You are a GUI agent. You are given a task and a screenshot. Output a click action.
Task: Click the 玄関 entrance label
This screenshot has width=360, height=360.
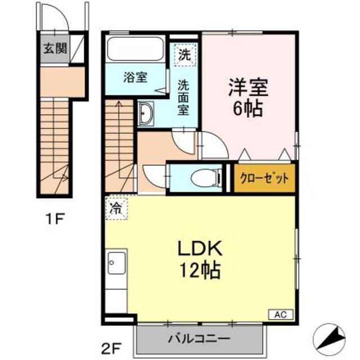pyautogui.click(x=53, y=48)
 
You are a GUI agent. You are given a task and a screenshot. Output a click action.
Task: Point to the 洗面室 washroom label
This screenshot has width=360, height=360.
pyautogui.click(x=184, y=97)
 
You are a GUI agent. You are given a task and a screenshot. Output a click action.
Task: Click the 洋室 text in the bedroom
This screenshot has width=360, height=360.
pyautogui.click(x=248, y=88)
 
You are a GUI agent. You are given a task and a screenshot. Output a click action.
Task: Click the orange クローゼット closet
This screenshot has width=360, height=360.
pyautogui.click(x=264, y=179)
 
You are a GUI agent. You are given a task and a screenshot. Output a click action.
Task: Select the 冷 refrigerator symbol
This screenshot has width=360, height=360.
pyautogui.click(x=115, y=208)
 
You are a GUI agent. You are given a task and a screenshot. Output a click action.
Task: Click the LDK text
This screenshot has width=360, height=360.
pyautogui.click(x=193, y=247)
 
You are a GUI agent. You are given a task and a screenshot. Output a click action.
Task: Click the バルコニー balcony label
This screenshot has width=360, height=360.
pyautogui.click(x=199, y=339)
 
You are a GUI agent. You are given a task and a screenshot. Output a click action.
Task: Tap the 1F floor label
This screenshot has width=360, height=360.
pyautogui.click(x=55, y=219)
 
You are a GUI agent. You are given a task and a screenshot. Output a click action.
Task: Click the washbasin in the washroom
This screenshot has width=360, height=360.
pyautogui.click(x=146, y=114)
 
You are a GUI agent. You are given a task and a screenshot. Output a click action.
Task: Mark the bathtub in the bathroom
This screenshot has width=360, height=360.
pyautogui.click(x=135, y=49)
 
